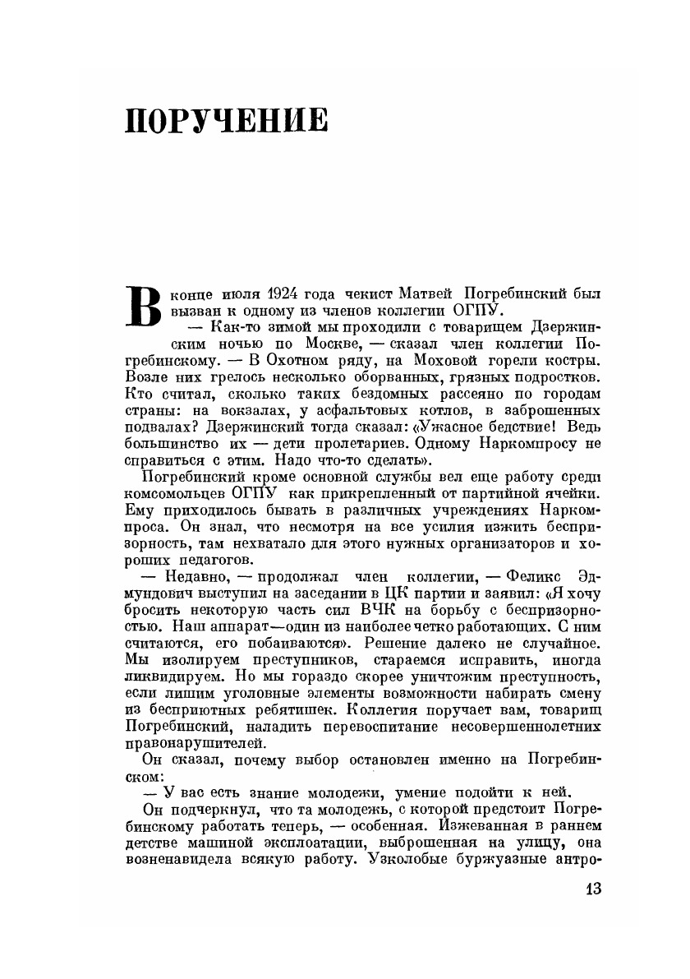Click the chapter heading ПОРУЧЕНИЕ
point(226,121)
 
